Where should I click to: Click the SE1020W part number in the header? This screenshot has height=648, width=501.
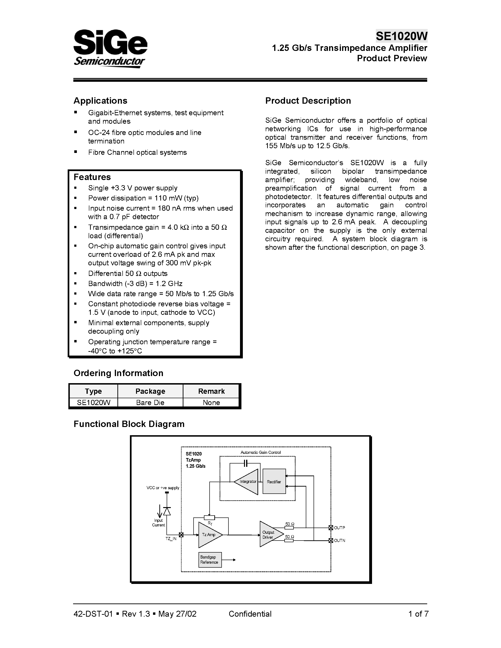pos(401,36)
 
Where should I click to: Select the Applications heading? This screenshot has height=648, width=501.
pos(100,101)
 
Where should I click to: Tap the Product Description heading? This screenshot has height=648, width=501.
pos(308,101)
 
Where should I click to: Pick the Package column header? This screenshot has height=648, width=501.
pos(150,391)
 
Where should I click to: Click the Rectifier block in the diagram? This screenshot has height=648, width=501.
pos(274,482)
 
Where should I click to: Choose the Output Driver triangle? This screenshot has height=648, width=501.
pos(269,535)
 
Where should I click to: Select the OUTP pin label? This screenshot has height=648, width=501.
pos(340,528)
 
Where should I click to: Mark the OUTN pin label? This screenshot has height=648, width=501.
pos(340,541)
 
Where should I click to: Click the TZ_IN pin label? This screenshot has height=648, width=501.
pos(171,538)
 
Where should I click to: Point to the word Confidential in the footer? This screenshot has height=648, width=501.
pos(250,614)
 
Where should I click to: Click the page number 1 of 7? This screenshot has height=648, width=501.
pos(418,614)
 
